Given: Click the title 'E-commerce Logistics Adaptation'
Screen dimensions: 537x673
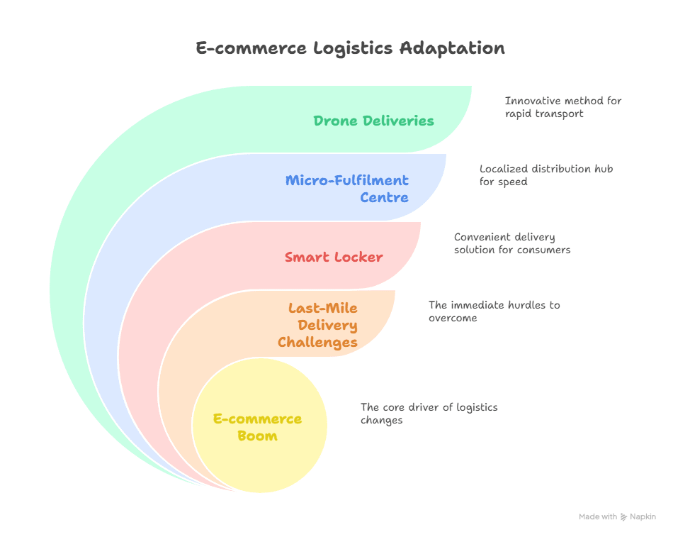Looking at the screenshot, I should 350,48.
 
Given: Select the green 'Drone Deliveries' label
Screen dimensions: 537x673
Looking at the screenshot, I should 373,121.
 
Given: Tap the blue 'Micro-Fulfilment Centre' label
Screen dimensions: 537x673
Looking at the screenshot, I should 346,189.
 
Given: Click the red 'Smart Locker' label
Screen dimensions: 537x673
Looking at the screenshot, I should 334,257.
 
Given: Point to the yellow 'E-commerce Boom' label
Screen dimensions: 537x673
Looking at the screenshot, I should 257,427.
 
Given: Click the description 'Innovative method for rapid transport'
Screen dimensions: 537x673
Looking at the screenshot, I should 562,107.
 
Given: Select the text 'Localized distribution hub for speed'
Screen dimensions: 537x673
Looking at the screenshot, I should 545,175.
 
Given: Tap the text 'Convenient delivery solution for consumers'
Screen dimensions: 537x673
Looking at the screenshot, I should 511,243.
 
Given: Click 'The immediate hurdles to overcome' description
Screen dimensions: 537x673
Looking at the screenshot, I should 494,311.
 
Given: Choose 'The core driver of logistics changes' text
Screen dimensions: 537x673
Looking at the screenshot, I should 429,414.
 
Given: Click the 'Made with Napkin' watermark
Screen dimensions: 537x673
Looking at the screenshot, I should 617,517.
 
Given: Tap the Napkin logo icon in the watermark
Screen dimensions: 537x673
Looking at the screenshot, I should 624,517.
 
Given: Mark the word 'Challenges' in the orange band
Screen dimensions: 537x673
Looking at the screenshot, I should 317,342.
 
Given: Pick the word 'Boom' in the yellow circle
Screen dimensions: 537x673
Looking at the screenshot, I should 257,436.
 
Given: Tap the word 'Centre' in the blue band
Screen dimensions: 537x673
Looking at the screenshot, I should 384,197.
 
